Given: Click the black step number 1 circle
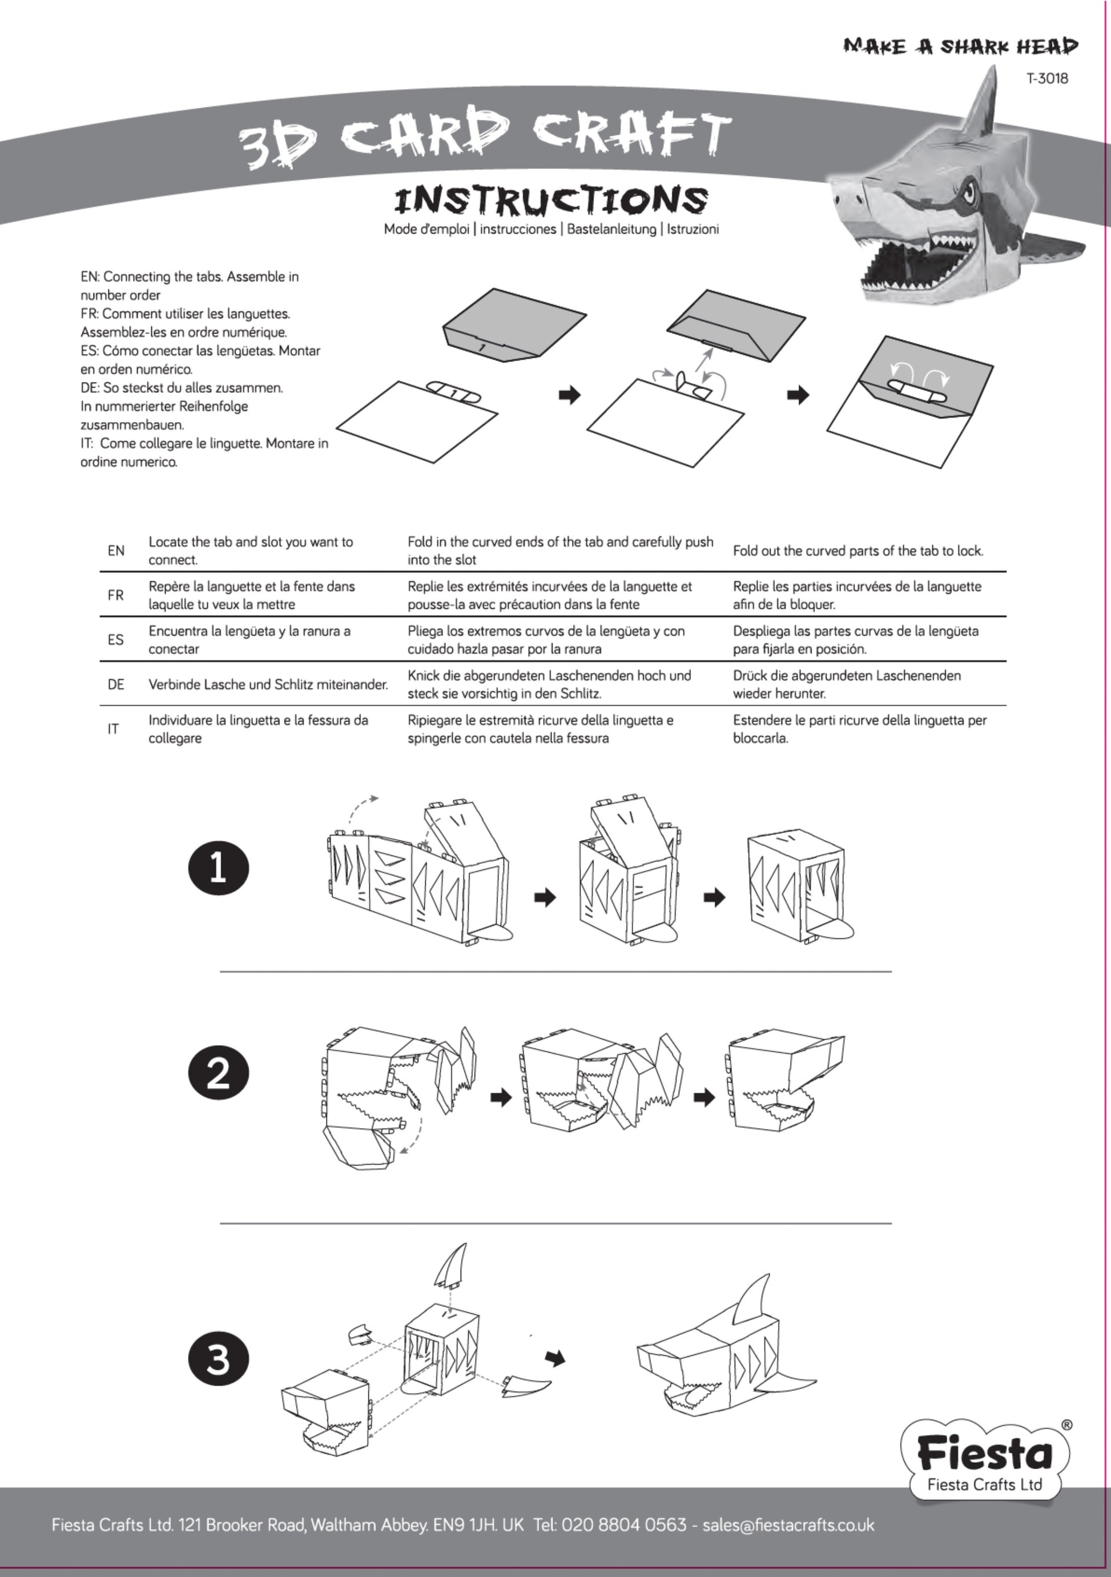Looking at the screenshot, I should coord(218,868).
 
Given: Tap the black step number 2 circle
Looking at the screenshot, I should coord(218,1073).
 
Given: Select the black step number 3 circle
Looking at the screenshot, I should coord(218,1359).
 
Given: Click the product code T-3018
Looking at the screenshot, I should coord(1047,78).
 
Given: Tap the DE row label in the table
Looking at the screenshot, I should coord(116,684).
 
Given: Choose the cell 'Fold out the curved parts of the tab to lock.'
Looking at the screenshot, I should coord(858,551).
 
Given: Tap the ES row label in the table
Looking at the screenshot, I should coord(116,640).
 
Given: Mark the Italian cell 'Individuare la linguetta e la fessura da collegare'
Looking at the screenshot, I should coord(258,729).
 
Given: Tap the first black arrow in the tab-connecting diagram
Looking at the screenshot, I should coord(569,395).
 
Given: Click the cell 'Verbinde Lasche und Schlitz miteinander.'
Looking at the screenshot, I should coord(268,684).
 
